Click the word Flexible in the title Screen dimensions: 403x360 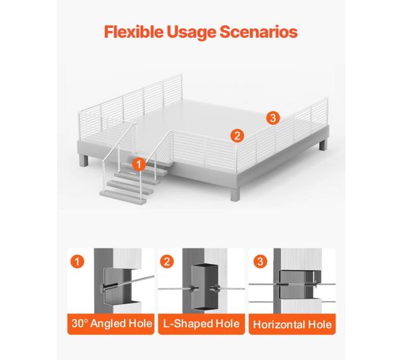tap(133, 32)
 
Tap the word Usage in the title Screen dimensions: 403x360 tap(191, 33)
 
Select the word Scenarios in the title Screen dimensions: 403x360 tap(259, 32)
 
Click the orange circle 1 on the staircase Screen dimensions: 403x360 tap(139, 164)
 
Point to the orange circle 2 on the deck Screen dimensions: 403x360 tap(237, 135)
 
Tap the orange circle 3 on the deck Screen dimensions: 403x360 tap(273, 118)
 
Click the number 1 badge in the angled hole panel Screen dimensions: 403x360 tap(77, 261)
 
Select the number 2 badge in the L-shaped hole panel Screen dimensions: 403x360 tap(167, 261)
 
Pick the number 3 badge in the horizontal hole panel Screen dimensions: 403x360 tap(260, 261)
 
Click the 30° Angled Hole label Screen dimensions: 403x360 tap(112, 323)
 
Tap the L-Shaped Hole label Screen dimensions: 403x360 tap(201, 323)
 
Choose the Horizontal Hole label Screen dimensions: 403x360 tap(292, 325)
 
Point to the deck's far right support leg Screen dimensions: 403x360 tap(323, 144)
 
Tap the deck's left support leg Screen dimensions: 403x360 tap(84, 160)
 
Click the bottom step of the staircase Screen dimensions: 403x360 tap(123, 196)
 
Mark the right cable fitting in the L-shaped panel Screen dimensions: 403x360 tap(215, 289)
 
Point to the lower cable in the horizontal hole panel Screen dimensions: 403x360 tap(292, 302)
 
